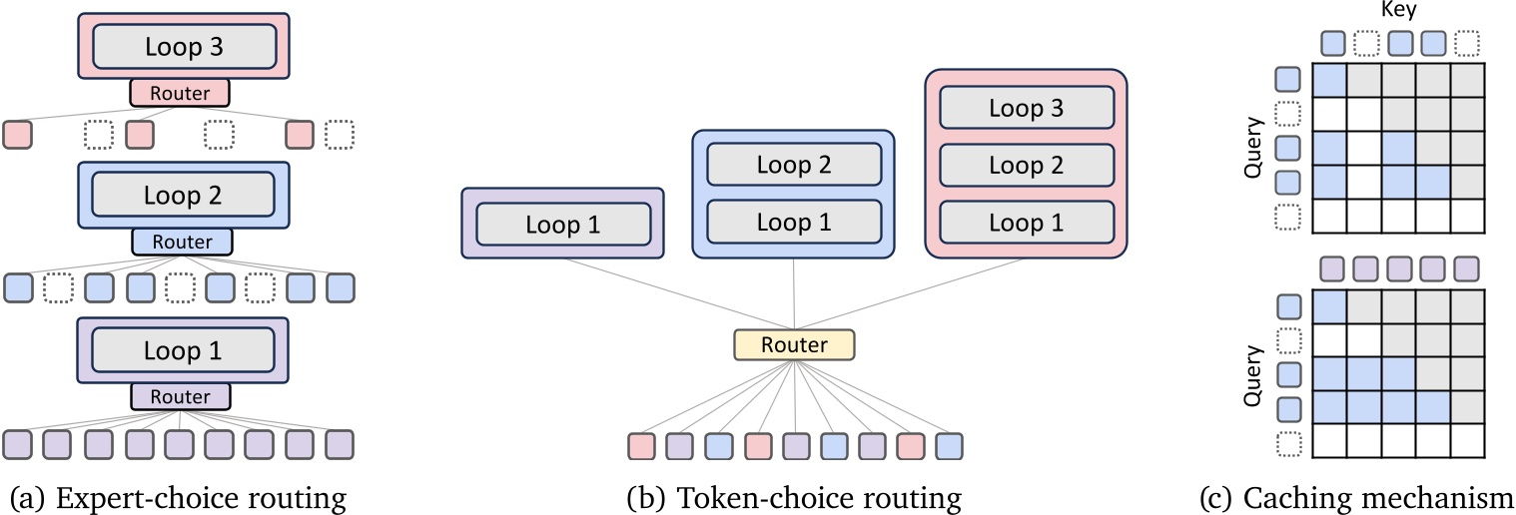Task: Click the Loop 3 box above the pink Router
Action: coord(184,45)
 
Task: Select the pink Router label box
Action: coord(180,93)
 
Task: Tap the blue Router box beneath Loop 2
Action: coord(182,242)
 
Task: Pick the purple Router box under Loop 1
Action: coord(180,396)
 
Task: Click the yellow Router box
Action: coord(794,345)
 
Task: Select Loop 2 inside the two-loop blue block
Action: coord(794,164)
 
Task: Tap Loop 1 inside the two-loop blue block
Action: coord(794,222)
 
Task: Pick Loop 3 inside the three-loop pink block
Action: coord(1027,108)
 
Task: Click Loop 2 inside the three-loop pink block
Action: coord(1027,165)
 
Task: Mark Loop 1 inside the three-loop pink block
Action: coord(1027,222)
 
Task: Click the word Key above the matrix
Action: coord(1398,11)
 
